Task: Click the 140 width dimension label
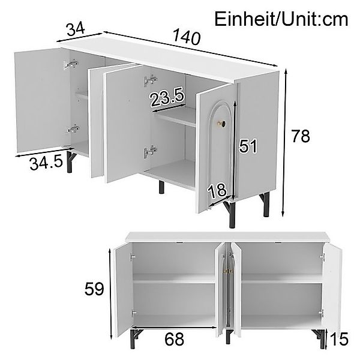[x=186, y=37]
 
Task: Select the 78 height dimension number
[x=301, y=136]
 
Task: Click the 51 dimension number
[x=247, y=146]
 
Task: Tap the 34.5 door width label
[x=46, y=163]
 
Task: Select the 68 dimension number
[x=174, y=339]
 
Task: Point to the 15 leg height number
[x=340, y=339]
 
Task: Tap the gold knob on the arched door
[x=222, y=124]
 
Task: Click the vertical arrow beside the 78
[x=284, y=143]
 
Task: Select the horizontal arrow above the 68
[x=174, y=327]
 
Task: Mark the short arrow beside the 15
[x=327, y=337]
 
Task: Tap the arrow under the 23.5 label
[x=169, y=108]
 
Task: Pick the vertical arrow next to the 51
[x=235, y=151]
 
